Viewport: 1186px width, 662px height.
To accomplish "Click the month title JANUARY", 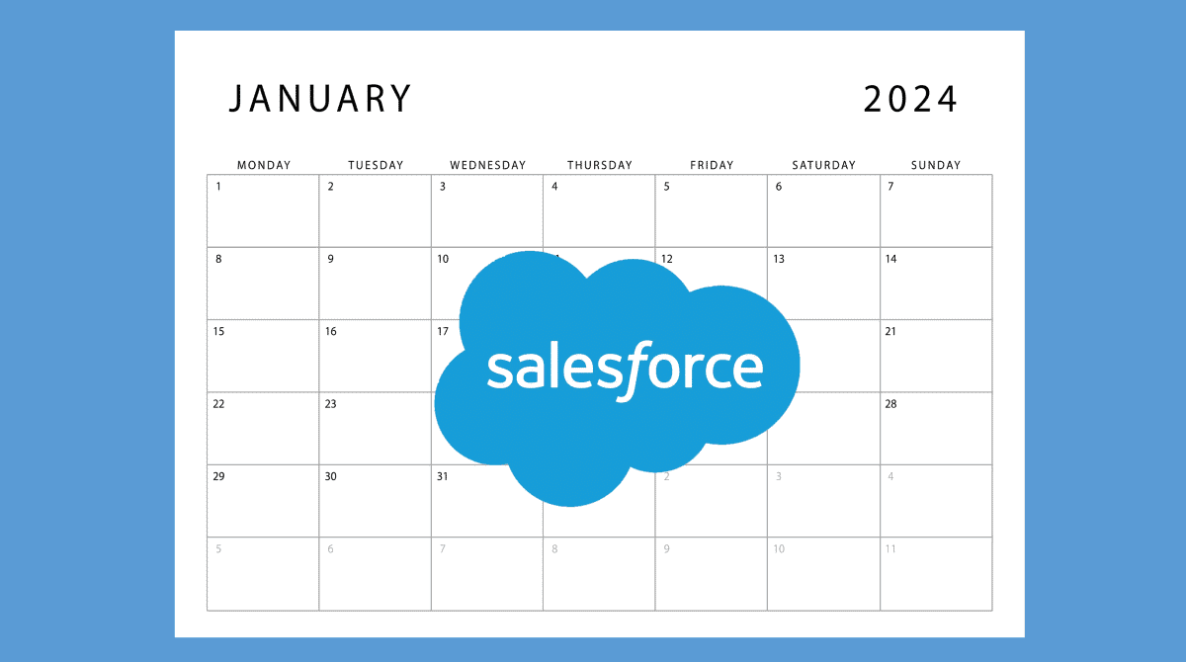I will pos(320,99).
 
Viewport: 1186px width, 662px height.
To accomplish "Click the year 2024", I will pos(910,99).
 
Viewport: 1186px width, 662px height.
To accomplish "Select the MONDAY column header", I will pos(264,165).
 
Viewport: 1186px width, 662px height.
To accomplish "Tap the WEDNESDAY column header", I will pos(488,165).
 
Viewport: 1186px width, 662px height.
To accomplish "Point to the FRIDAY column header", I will pos(712,165).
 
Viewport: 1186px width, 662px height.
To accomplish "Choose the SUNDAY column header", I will pos(936,165).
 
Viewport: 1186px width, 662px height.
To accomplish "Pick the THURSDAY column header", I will pos(599,165).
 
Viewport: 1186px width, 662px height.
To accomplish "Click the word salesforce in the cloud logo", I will pos(625,368).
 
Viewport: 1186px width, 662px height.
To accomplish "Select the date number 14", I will pos(890,259).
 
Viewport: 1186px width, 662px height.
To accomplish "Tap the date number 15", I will pos(218,331).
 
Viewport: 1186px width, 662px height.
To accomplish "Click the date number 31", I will pos(443,476).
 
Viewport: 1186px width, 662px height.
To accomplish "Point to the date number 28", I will pos(890,404).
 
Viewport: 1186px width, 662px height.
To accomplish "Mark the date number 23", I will pos(331,404).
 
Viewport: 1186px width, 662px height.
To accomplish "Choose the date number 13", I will pos(779,259).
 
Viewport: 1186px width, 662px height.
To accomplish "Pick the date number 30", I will pos(331,476).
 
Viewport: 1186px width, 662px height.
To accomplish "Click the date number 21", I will pos(890,331).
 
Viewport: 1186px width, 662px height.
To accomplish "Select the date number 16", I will pos(331,331).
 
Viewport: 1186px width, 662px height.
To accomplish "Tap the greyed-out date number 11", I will pos(890,548).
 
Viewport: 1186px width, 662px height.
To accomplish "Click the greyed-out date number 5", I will pos(218,548).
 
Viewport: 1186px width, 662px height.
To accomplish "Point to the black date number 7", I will pos(890,187).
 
